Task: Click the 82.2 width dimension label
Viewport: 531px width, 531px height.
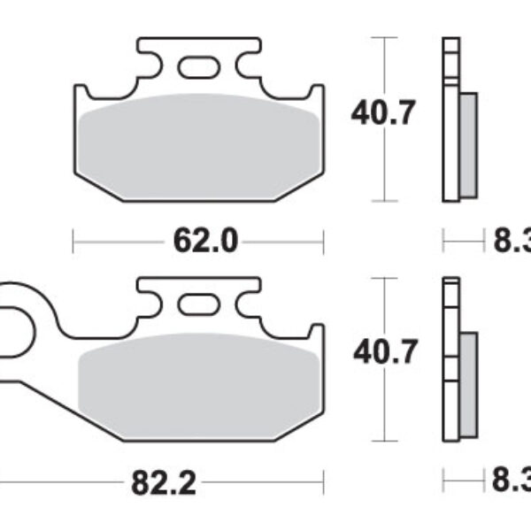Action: pyautogui.click(x=163, y=484)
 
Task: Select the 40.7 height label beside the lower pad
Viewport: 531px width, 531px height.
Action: pyautogui.click(x=382, y=353)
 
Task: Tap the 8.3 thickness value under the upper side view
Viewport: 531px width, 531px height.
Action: pyautogui.click(x=510, y=240)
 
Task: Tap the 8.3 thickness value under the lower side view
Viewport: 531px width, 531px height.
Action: pyautogui.click(x=510, y=484)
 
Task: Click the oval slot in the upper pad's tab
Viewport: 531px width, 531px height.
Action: pyautogui.click(x=198, y=66)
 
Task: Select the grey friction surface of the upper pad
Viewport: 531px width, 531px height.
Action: pyautogui.click(x=199, y=142)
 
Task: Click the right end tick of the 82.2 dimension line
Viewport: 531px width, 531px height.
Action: pyautogui.click(x=324, y=484)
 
